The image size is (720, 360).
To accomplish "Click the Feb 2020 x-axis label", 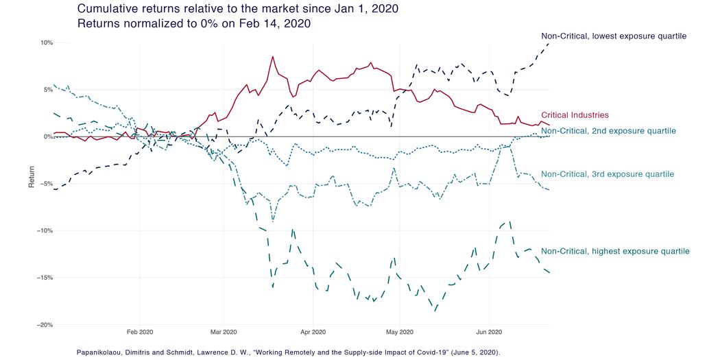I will coord(140,332).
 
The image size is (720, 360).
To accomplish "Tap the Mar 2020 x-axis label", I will coord(223,332).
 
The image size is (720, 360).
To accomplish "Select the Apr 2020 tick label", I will coord(312,332).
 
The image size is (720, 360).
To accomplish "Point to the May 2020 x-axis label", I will coord(399,332).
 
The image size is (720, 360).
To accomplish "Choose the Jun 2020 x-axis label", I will coord(488,332).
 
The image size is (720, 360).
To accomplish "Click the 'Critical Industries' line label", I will coord(575,115).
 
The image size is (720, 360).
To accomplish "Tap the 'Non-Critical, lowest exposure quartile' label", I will coord(613,36).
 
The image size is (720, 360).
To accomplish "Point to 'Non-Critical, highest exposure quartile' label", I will coord(615,252).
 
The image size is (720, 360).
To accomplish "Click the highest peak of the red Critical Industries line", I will coord(273,56).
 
